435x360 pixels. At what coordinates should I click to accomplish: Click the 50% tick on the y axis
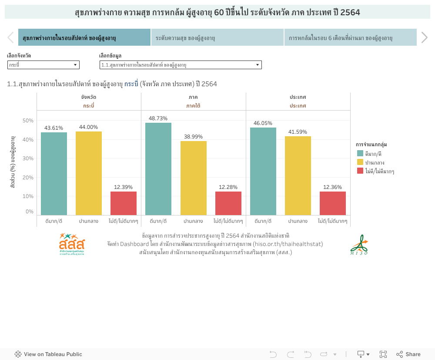[x=28, y=121]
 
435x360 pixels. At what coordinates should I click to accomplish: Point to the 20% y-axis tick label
[x=28, y=178]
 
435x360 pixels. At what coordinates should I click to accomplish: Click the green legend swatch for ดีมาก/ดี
[x=360, y=153]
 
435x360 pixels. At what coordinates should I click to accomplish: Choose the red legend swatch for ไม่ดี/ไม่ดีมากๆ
[x=360, y=171]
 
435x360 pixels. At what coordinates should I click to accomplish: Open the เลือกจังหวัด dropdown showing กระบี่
[x=43, y=65]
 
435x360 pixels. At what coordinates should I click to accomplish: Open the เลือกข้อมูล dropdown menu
[x=181, y=65]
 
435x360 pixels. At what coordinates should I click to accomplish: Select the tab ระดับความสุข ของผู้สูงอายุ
[x=217, y=38]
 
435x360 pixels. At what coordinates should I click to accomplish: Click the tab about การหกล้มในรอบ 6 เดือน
[x=350, y=38]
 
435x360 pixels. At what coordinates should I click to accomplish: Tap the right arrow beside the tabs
[x=425, y=38]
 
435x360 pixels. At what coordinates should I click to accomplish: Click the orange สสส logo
[x=72, y=244]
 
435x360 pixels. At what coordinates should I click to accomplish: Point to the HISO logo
[x=359, y=245]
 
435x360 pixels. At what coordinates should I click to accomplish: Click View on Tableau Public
[x=48, y=354]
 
